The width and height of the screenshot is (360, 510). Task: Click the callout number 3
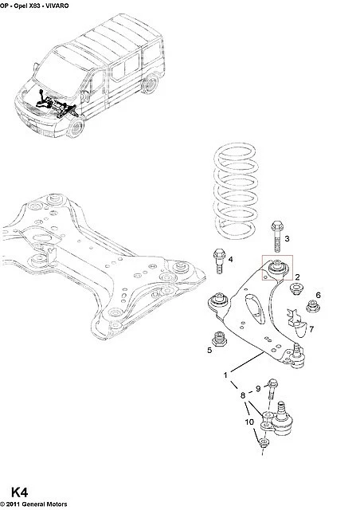click(x=287, y=239)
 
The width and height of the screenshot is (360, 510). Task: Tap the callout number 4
click(x=230, y=259)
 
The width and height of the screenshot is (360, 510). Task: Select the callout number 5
click(x=209, y=350)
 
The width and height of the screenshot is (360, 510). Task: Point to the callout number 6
click(x=318, y=295)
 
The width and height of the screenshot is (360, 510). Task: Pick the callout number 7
click(x=311, y=329)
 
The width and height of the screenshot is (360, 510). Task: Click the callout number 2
click(x=297, y=277)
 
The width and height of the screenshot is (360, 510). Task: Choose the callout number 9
click(x=258, y=388)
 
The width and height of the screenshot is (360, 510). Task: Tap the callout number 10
click(x=249, y=422)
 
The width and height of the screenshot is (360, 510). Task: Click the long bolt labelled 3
click(x=277, y=237)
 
